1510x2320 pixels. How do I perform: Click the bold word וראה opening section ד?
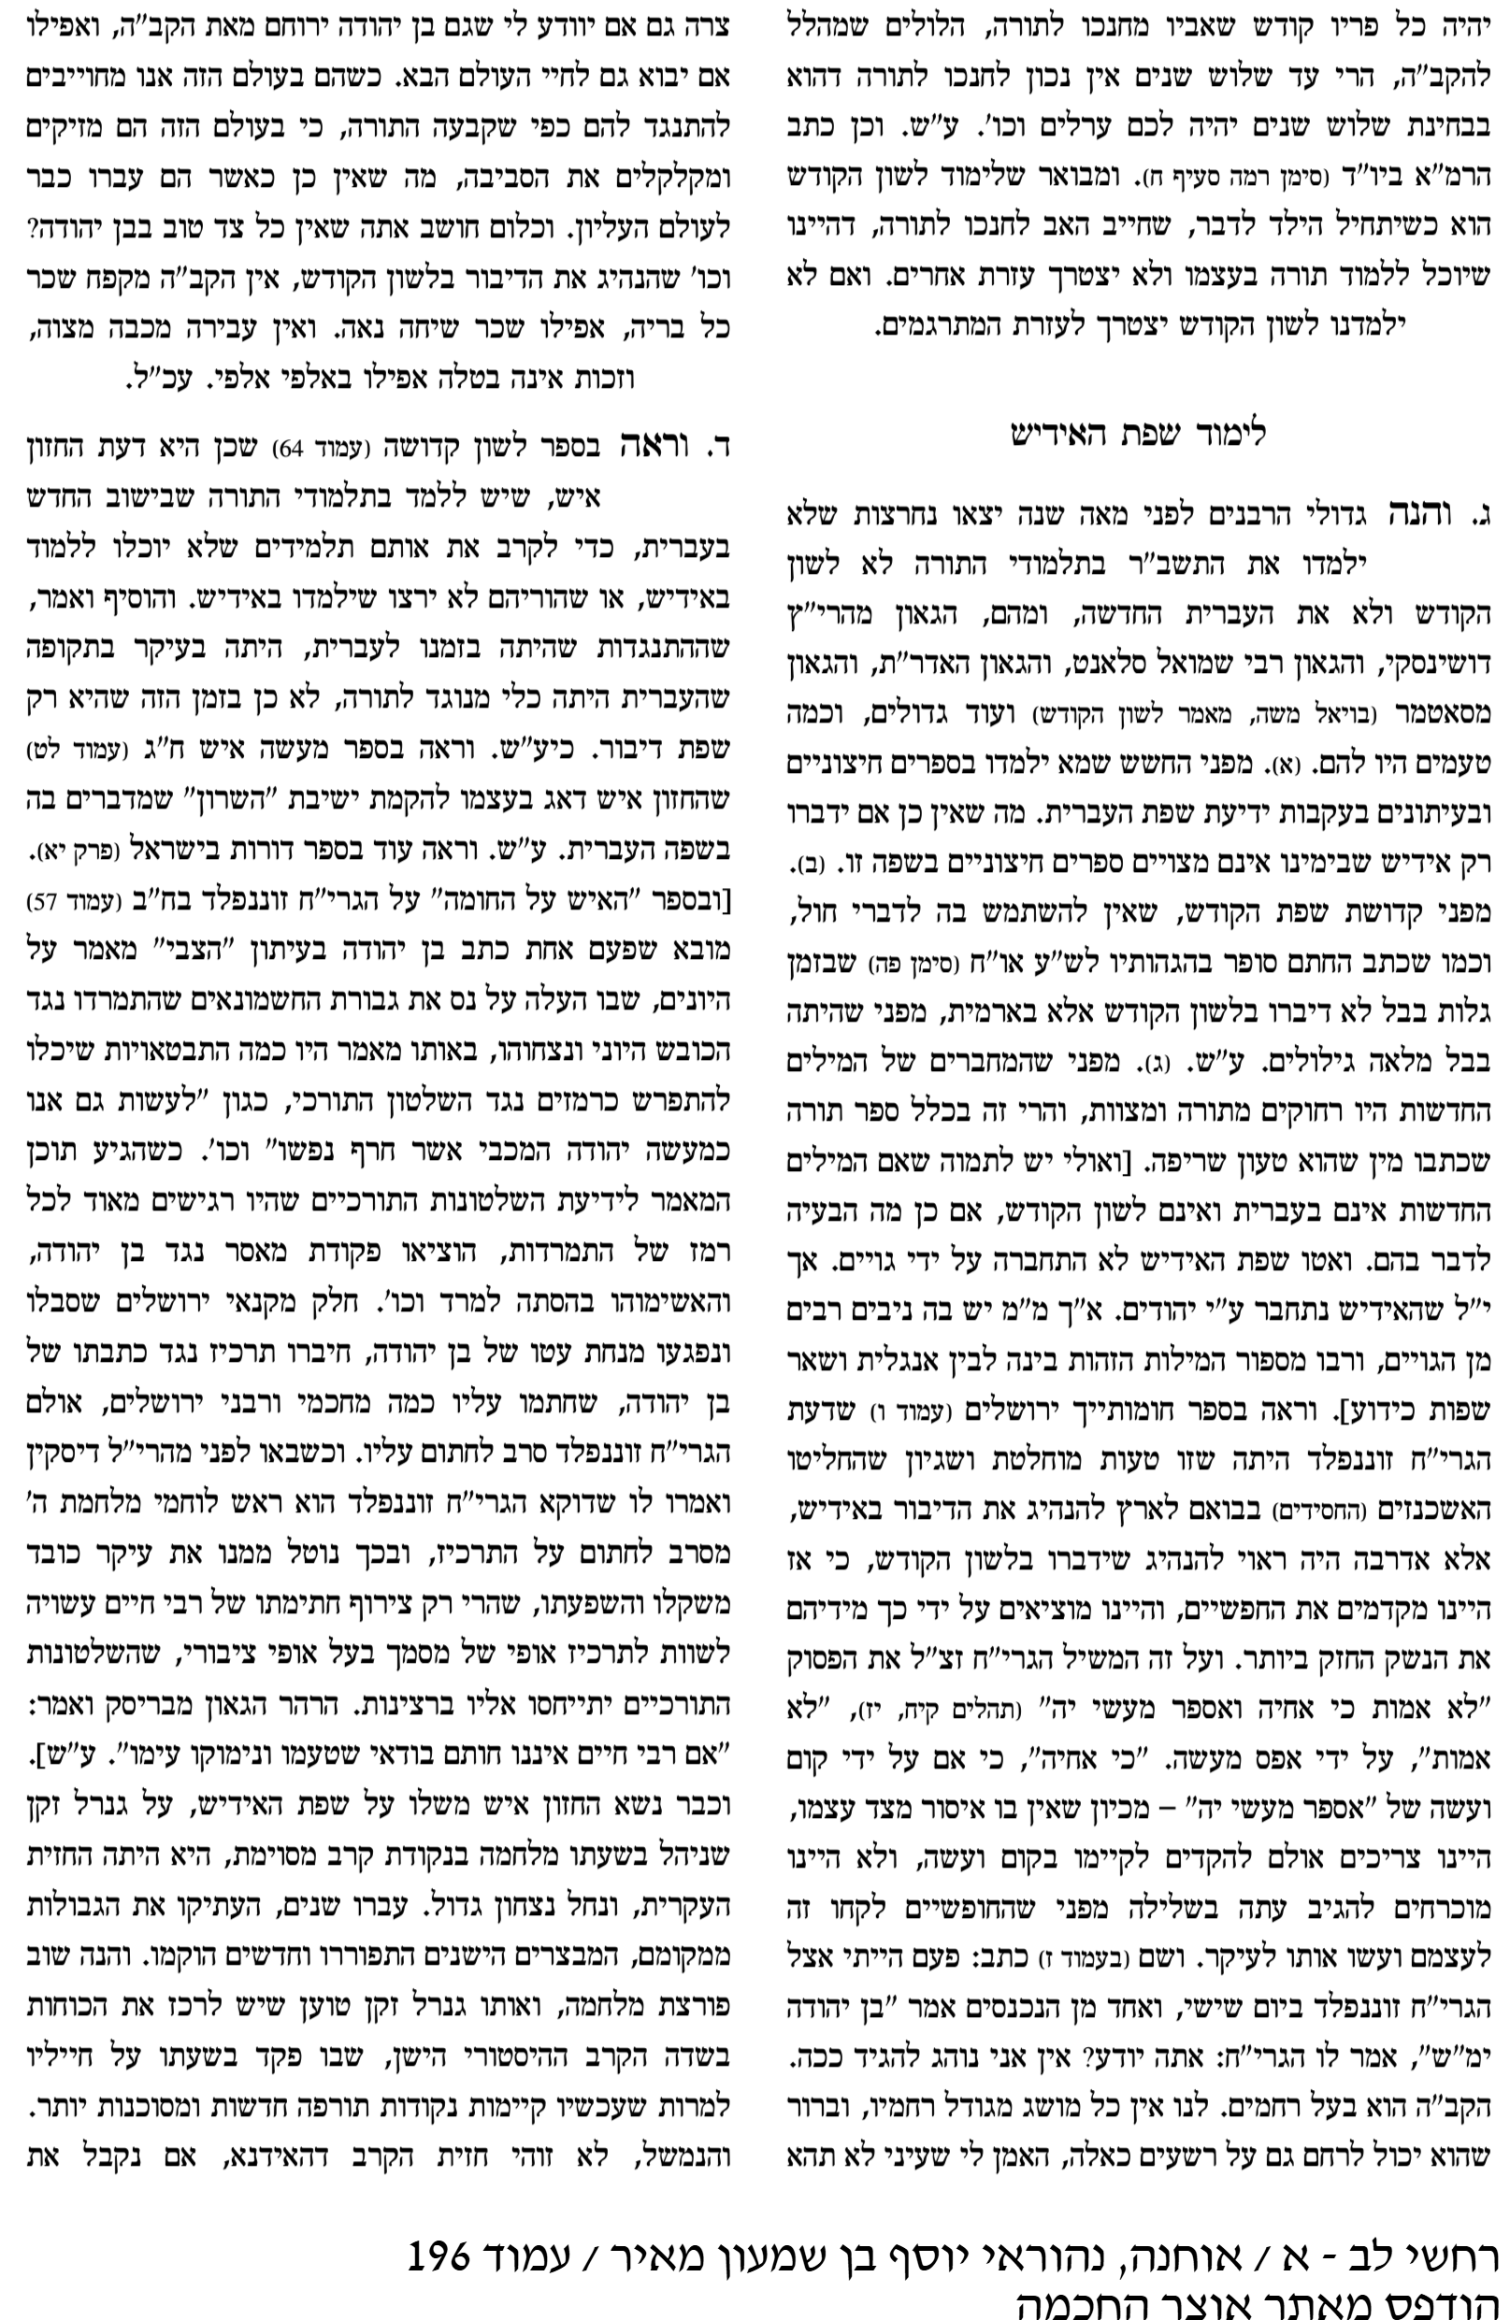tap(653, 447)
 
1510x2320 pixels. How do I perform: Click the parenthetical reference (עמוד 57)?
tap(75, 900)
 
